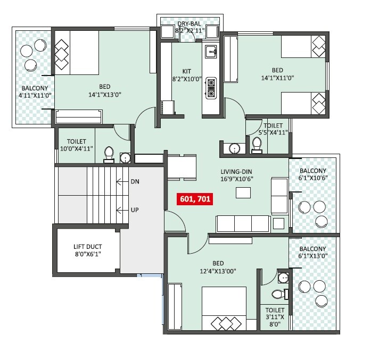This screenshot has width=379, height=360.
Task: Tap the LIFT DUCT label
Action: (87, 250)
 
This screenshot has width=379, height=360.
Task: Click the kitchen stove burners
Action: (211, 88)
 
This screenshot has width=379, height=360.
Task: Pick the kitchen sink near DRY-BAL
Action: (211, 52)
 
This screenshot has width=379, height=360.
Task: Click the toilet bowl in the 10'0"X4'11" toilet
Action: (109, 153)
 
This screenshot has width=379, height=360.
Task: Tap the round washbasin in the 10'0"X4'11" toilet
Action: (125, 157)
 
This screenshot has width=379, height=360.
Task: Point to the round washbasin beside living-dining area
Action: (234, 148)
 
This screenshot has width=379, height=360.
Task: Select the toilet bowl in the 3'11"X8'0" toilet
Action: (278, 294)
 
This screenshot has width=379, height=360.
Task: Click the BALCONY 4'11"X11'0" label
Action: (35, 92)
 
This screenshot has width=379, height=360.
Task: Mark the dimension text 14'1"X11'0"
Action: (277, 77)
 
